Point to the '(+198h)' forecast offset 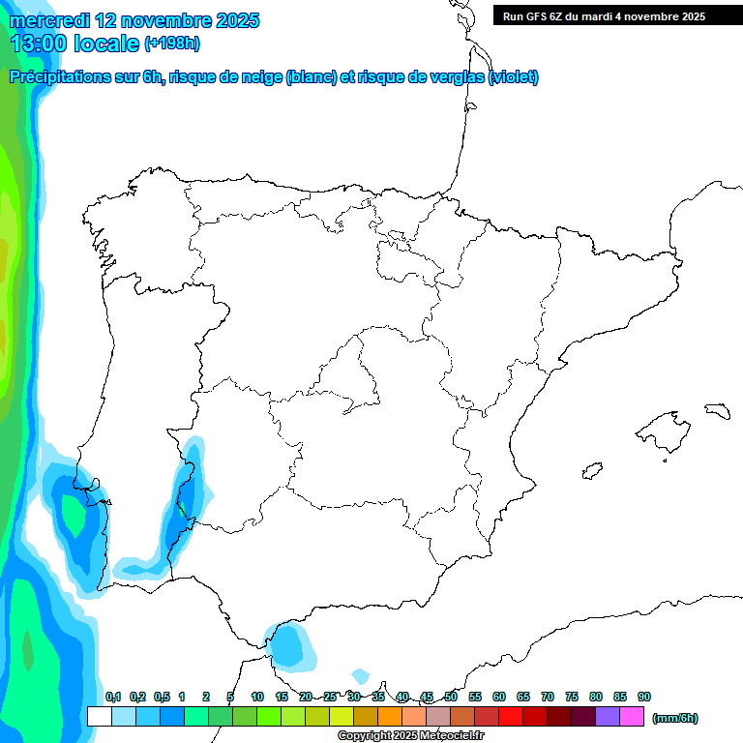point(172,44)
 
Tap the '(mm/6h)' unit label point(674,718)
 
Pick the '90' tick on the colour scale point(644,698)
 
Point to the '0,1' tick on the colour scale point(112,698)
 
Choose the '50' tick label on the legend point(451,698)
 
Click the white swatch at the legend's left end point(99,716)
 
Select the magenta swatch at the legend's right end point(632,716)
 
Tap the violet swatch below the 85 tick point(608,716)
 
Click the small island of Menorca point(717,410)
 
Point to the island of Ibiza point(591,471)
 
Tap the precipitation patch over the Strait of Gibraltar point(288,645)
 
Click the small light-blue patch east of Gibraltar point(361,675)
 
